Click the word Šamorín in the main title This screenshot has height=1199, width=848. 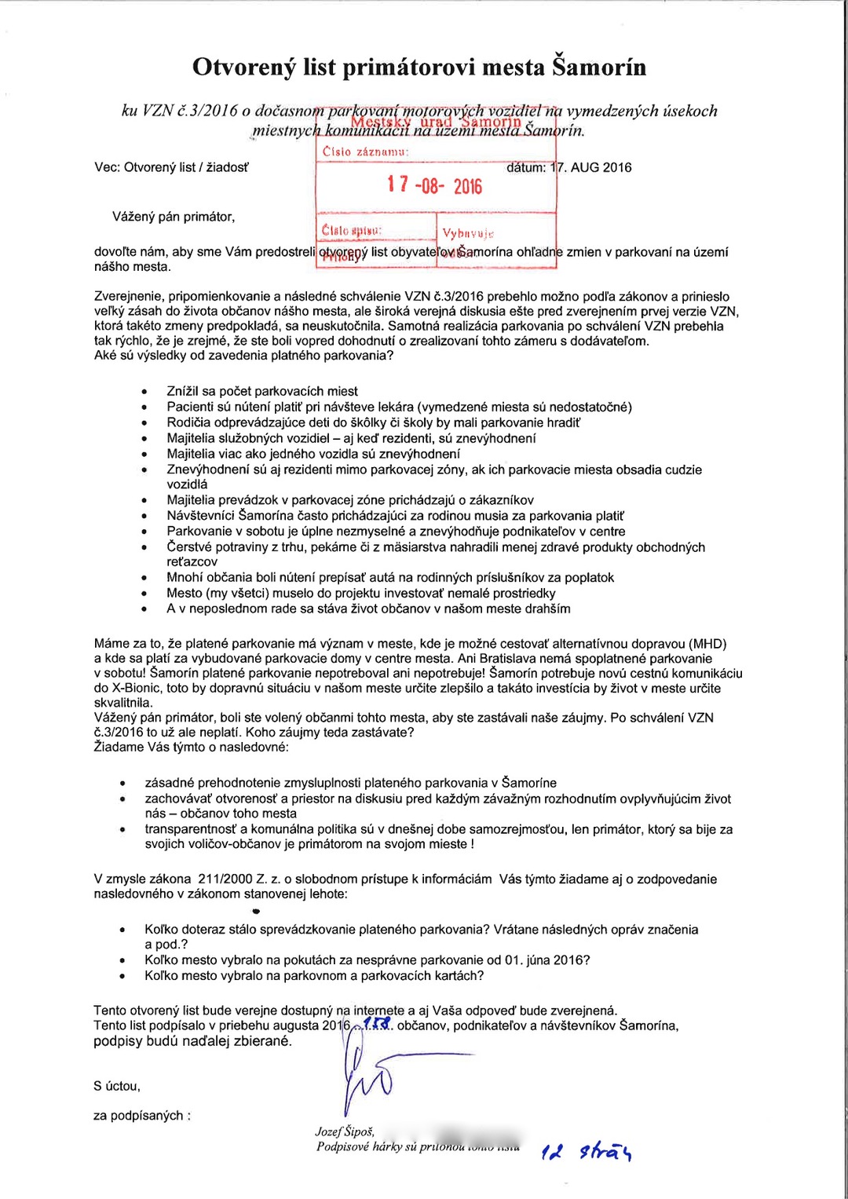pos(599,67)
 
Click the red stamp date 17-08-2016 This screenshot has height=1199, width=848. pos(434,185)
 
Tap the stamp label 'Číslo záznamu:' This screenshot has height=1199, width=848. pos(365,152)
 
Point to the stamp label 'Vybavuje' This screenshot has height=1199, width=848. pos(468,233)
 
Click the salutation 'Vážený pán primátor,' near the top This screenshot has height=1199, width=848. pos(174,217)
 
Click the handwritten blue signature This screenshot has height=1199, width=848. pos(369,1076)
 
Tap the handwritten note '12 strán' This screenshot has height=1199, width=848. pos(587,1151)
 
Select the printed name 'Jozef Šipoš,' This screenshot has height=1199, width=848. pos(345,1131)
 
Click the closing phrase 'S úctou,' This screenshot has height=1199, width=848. pos(117,1087)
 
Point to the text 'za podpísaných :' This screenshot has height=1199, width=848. pos(142,1116)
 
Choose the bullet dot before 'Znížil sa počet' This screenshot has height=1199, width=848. pos(144,392)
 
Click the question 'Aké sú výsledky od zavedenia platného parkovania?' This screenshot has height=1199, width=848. pos(243,356)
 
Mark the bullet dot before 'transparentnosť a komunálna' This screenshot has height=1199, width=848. pos(122,830)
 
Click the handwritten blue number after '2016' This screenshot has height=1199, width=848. pos(378,1024)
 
